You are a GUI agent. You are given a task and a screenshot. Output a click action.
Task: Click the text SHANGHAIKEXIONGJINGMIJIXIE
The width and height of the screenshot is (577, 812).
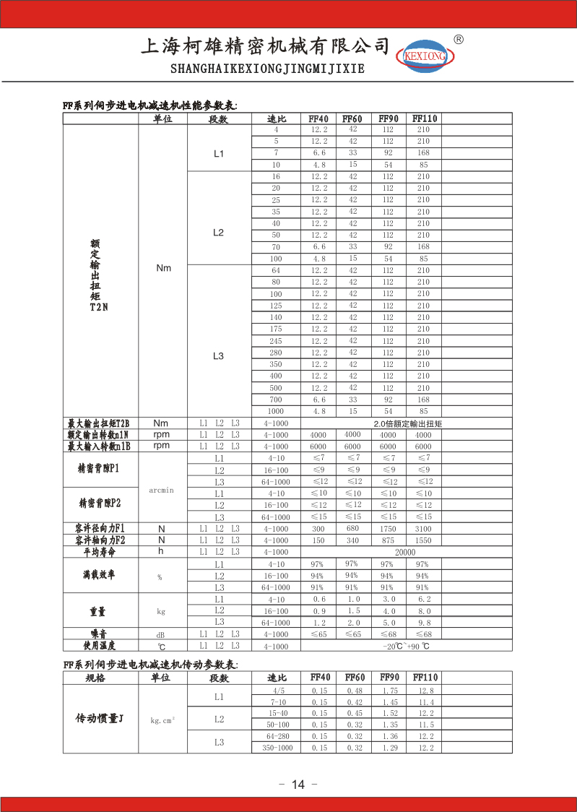[267, 69]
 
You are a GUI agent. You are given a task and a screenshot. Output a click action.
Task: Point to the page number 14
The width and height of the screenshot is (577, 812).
[299, 785]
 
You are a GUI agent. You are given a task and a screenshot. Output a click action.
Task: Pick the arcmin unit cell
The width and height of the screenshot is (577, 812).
[162, 490]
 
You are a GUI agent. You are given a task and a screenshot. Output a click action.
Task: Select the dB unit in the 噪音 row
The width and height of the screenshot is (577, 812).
[161, 634]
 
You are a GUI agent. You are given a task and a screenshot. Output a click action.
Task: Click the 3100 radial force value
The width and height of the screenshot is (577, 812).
[423, 529]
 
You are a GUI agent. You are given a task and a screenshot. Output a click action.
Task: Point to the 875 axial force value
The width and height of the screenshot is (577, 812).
[388, 540]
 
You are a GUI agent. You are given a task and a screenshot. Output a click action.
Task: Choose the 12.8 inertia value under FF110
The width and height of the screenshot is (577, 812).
[426, 691]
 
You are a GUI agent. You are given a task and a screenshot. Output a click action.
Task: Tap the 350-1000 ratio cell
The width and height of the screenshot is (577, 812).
[277, 748]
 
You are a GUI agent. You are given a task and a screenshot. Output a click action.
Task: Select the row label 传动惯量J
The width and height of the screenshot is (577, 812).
[100, 719]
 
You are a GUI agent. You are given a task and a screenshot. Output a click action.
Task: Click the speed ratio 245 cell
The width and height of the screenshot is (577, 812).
[276, 341]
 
